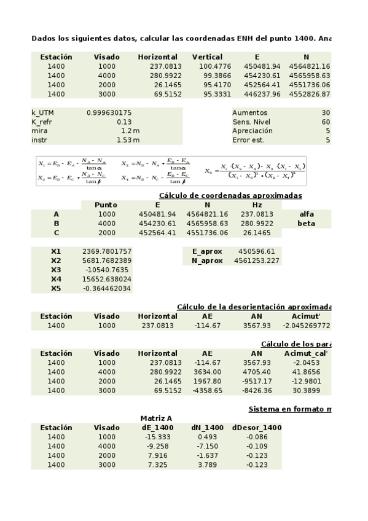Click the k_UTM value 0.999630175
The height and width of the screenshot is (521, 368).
109,113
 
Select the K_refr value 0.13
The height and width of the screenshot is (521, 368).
123,122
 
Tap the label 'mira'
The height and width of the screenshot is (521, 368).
39,131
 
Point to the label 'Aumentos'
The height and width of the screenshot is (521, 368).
249,113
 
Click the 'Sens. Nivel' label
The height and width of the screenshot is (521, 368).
252,122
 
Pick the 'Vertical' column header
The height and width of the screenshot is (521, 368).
207,57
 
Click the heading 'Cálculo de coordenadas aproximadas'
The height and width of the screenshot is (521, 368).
230,195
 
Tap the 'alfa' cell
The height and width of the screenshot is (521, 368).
306,214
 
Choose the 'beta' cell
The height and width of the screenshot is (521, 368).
306,224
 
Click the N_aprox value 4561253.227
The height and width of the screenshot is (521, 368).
256,260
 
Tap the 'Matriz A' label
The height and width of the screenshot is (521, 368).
156,418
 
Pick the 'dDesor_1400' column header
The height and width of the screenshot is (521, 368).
256,428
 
